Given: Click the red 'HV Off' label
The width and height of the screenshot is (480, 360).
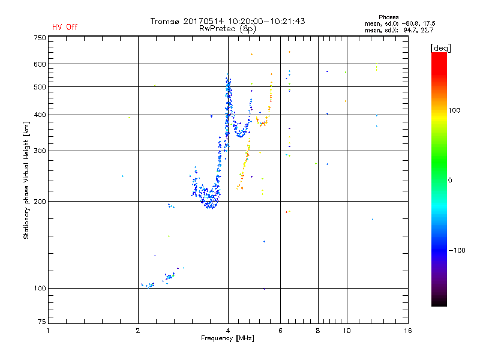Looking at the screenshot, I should pyautogui.click(x=64, y=27).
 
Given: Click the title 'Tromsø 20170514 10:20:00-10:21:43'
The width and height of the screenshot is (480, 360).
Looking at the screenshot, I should pyautogui.click(x=227, y=21).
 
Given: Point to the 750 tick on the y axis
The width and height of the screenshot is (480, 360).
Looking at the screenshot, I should pyautogui.click(x=40, y=37).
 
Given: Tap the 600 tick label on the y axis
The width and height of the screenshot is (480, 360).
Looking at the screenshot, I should pyautogui.click(x=40, y=64).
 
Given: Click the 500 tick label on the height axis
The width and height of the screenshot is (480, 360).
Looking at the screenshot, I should pyautogui.click(x=40, y=87).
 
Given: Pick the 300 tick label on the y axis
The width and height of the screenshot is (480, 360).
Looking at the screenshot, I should pyautogui.click(x=40, y=151).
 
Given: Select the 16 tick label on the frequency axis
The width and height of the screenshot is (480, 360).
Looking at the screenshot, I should pyautogui.click(x=408, y=331).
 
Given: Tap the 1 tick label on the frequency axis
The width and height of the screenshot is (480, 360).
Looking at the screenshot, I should pyautogui.click(x=48, y=331).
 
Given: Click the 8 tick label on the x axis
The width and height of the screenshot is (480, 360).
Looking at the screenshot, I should pyautogui.click(x=317, y=331).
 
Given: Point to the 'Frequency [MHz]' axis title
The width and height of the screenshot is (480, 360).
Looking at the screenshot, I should pyautogui.click(x=227, y=339).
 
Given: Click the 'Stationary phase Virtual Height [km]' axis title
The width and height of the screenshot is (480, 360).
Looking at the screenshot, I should pyautogui.click(x=26, y=180).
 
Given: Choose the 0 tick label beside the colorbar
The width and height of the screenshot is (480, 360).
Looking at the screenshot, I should pyautogui.click(x=451, y=180).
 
